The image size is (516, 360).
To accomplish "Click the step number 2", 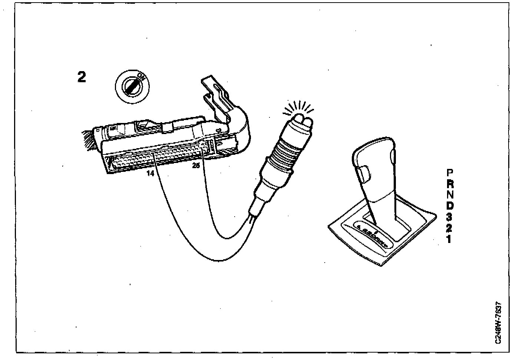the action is point(82,77).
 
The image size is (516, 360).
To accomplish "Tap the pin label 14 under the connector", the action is point(150,173).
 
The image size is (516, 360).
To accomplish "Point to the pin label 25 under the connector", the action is point(196,166).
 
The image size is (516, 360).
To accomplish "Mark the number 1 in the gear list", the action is point(449,239).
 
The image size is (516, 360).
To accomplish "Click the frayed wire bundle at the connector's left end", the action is point(89,140).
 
